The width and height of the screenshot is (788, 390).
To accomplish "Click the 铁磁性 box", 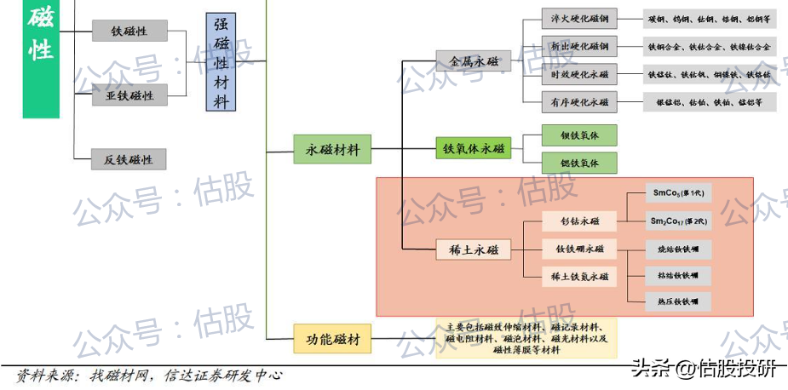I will click(x=129, y=32).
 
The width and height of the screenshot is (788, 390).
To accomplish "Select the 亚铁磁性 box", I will click(x=129, y=96).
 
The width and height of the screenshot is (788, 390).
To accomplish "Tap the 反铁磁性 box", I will click(x=129, y=159).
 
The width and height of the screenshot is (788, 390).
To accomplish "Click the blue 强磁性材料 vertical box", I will click(x=221, y=62).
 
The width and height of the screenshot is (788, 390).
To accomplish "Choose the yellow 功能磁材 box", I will click(x=332, y=340).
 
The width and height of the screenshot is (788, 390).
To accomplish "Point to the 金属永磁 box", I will click(x=473, y=61).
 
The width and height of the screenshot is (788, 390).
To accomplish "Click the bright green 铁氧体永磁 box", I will click(x=473, y=149).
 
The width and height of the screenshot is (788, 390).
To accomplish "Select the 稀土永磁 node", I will click(x=473, y=249).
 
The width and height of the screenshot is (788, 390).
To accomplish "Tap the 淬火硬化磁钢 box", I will click(x=580, y=19).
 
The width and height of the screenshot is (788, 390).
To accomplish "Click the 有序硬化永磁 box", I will click(x=580, y=102).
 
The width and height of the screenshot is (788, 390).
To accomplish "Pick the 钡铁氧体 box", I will click(x=579, y=135).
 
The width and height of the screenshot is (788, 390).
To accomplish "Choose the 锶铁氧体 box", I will click(x=579, y=163).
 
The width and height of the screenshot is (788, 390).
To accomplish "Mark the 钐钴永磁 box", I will click(x=579, y=221).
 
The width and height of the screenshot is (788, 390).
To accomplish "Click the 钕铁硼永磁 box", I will click(x=579, y=249).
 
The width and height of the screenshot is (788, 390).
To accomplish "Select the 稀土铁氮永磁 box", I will click(x=579, y=276).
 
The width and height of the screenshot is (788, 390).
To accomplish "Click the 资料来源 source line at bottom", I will click(x=149, y=376).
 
